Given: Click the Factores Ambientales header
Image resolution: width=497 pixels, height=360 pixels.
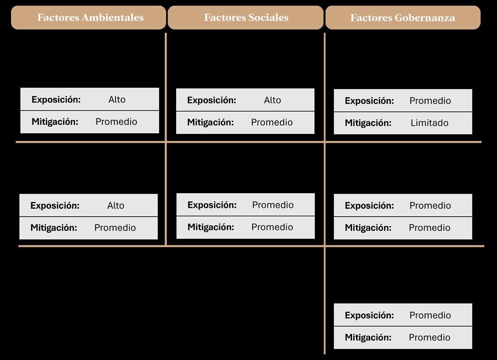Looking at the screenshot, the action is (90, 17).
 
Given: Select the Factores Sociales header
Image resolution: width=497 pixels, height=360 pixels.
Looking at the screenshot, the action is (246, 17).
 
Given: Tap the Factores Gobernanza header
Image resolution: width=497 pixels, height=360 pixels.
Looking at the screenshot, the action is (403, 18).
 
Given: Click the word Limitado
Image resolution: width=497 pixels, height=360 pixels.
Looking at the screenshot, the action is (429, 123).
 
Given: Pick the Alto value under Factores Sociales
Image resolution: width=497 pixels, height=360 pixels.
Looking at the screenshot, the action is (272, 100).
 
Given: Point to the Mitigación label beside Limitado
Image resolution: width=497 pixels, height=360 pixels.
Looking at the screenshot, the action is (368, 123).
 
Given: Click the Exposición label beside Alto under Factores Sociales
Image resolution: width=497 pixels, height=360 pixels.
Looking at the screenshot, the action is (212, 100).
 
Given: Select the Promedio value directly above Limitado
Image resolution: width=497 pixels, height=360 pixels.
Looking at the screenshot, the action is (430, 101).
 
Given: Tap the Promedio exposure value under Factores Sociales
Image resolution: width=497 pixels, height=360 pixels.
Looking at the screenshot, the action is (273, 205).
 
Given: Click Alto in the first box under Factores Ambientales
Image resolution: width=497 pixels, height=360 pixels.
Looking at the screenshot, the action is (117, 99).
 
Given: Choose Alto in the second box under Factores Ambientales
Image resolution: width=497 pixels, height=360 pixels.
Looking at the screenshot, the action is (116, 206).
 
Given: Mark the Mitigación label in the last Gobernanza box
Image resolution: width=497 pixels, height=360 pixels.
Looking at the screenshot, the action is (368, 337).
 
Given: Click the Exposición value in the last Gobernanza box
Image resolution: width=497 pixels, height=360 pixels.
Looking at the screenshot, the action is (430, 315).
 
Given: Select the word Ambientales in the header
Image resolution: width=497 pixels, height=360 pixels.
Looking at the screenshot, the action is (112, 17).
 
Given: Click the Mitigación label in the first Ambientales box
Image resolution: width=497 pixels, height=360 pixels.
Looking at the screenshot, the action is (55, 122).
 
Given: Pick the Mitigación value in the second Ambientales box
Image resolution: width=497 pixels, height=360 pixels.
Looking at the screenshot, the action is (115, 228).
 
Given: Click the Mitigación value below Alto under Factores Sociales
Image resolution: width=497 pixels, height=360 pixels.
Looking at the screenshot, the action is (272, 122).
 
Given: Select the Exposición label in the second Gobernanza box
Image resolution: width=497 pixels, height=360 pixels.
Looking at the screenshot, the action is (369, 206).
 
